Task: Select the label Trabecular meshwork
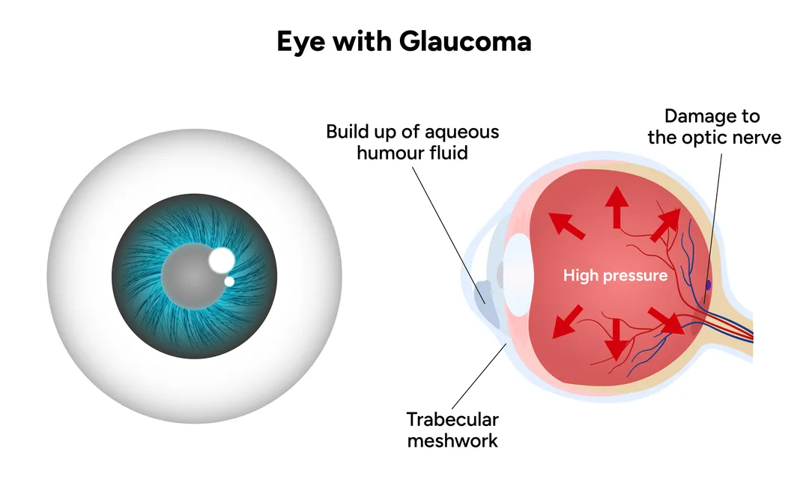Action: pyautogui.click(x=452, y=430)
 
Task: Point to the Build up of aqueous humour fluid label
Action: pyautogui.click(x=412, y=143)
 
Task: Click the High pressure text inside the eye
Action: pyautogui.click(x=615, y=276)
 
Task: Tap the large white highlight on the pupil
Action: pyautogui.click(x=222, y=260)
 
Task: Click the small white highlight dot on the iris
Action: pyautogui.click(x=230, y=281)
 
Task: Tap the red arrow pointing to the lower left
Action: pyautogui.click(x=566, y=323)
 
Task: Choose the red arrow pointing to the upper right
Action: pyautogui.click(x=664, y=225)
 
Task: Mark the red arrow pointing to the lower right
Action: pyautogui.click(x=665, y=320)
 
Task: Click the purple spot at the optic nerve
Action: pyautogui.click(x=708, y=284)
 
